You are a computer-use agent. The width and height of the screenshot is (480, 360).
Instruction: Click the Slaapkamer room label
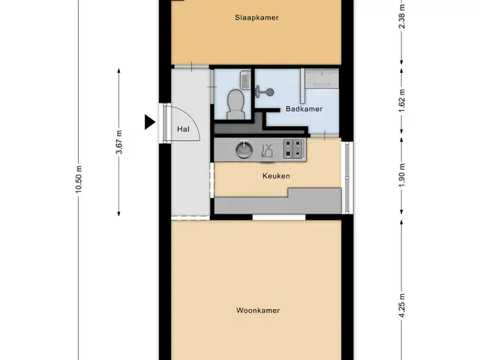click(256, 17)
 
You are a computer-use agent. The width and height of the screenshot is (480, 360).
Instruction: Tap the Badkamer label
click(304, 109)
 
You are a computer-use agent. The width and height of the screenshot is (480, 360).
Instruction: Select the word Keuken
click(276, 175)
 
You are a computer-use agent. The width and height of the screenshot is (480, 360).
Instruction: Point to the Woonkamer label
click(258, 310)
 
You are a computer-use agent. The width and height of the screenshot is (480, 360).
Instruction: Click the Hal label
click(183, 129)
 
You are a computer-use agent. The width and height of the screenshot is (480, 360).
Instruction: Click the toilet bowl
click(235, 104)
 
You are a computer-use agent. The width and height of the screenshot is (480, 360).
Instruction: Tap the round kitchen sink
click(244, 150)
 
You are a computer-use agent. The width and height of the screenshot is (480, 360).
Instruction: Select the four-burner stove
click(294, 148)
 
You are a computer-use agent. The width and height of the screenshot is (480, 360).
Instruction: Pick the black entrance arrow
click(150, 121)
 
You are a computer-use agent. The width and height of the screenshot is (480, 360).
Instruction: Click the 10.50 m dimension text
click(79, 179)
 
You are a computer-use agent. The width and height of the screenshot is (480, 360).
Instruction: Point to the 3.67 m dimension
click(119, 142)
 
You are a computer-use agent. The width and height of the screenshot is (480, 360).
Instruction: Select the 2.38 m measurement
click(402, 16)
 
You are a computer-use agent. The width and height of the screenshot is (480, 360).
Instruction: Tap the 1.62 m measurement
click(402, 100)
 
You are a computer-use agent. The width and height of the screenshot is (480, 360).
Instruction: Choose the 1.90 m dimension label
click(402, 175)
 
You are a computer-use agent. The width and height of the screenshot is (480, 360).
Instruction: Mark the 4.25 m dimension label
click(402, 305)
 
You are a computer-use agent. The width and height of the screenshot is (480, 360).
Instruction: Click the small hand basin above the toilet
click(245, 80)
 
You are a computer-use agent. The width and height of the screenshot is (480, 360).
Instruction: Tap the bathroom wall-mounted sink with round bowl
click(265, 91)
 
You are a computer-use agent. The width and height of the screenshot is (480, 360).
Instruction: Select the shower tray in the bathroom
click(322, 78)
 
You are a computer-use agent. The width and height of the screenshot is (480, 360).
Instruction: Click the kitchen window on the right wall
click(346, 178)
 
